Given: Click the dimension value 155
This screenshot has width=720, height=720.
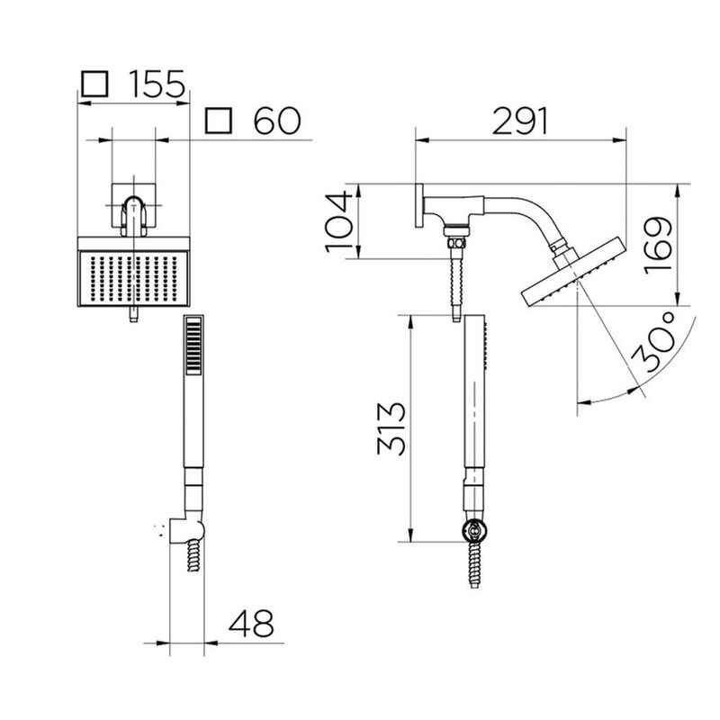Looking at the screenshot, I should coord(155,85).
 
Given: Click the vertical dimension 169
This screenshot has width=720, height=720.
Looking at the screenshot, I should coord(660,245).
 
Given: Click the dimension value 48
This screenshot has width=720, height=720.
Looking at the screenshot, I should coord(248,622).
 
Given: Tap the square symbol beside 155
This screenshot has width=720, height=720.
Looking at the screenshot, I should coord(94,85).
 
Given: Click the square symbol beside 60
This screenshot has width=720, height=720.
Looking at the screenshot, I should coord(219,121).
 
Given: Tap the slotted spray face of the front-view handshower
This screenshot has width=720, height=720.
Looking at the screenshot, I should coord(193,351).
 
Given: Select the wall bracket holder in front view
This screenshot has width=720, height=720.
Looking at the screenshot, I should coord(187,528).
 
